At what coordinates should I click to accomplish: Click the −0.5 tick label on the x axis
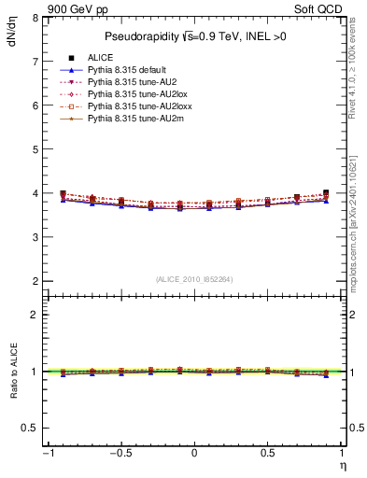119,455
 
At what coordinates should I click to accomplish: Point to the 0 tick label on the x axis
194,455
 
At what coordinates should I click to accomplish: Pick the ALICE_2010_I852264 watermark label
194,278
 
